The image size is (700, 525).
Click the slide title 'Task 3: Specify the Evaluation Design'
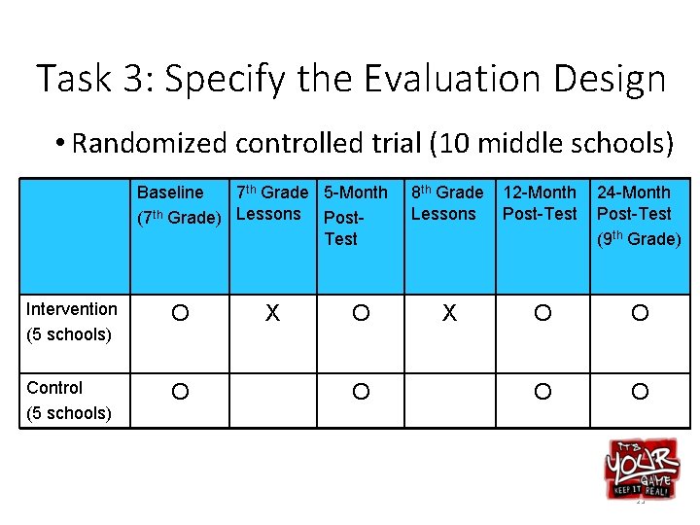click(351, 79)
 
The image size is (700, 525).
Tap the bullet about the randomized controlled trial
click(365, 144)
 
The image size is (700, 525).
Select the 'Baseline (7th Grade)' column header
click(178, 205)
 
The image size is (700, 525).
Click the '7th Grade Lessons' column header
click(272, 203)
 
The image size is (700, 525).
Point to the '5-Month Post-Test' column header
click(355, 215)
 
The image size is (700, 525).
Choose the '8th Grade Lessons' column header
click(446, 203)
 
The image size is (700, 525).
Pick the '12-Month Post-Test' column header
click(540, 203)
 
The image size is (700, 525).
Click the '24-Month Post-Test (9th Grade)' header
click(638, 215)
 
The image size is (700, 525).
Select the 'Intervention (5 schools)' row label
click(72, 322)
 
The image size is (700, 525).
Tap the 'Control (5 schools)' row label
click(69, 400)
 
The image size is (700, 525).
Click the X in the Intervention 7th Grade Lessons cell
click(273, 313)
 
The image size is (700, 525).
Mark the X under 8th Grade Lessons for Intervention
click(448, 313)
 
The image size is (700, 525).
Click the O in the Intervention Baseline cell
click(180, 313)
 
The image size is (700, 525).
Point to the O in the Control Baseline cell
click(180, 392)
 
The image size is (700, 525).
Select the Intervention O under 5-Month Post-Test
click(361, 313)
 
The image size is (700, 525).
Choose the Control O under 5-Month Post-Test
click(361, 392)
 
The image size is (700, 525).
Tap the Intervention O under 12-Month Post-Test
click(542, 313)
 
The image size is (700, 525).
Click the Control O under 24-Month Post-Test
click(639, 392)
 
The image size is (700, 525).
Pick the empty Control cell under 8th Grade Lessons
click(448, 392)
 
